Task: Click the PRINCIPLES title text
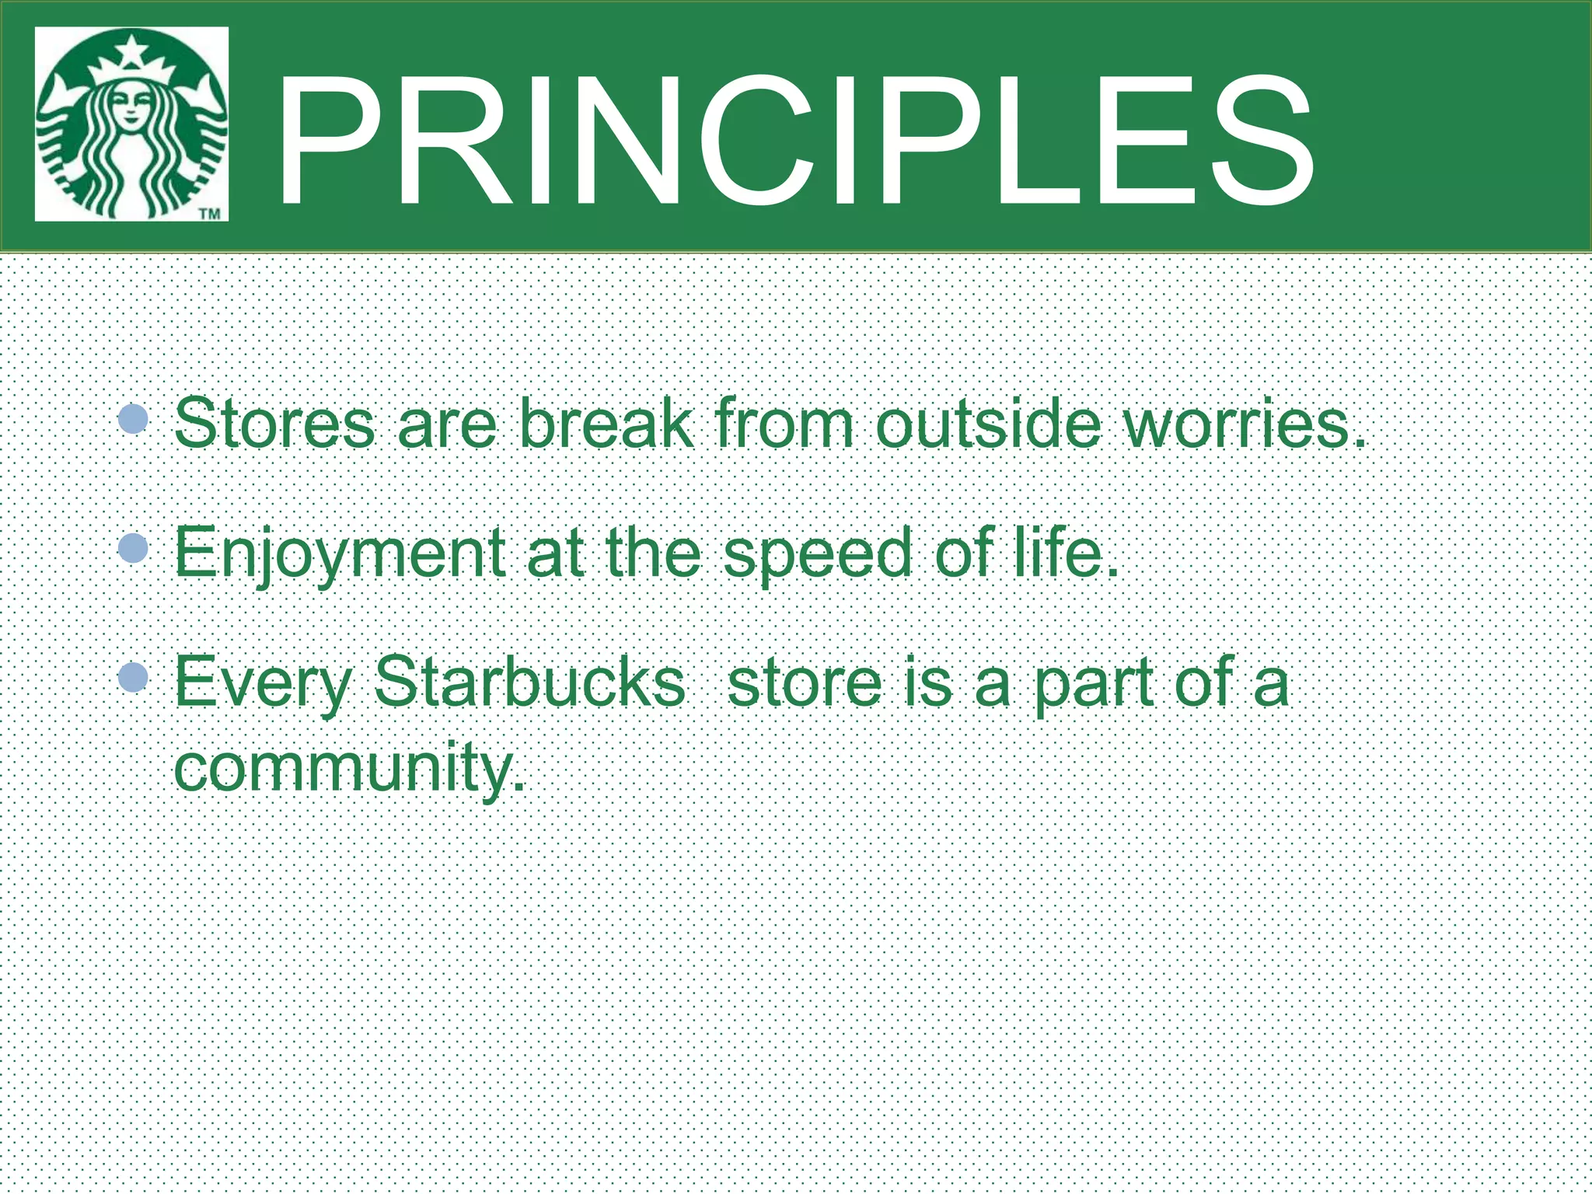[793, 141]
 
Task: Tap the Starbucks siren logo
[131, 124]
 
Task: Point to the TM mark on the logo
[210, 213]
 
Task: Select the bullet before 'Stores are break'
[134, 419]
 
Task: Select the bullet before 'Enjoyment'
[134, 549]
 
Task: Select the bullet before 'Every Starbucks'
[134, 677]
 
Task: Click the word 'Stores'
[274, 424]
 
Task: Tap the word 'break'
[606, 424]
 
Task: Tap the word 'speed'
[817, 553]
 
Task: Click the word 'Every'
[263, 683]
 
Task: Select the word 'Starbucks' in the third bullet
[529, 681]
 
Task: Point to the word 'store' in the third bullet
[805, 683]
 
